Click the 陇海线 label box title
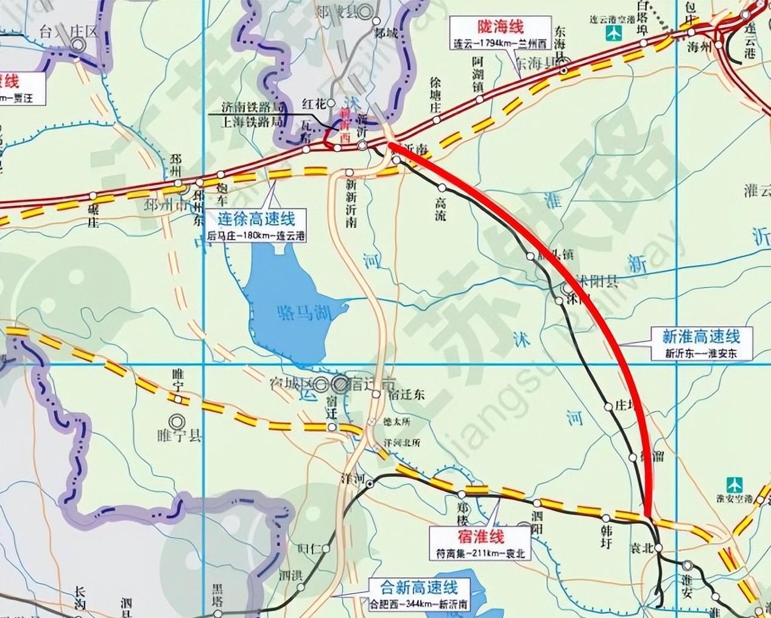498,27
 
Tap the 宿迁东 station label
403,394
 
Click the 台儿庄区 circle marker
77,44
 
